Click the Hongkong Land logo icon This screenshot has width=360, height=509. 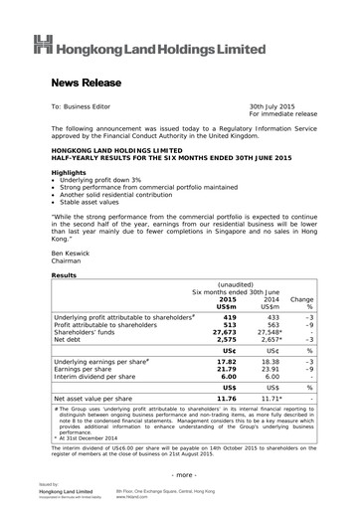[x=43, y=44]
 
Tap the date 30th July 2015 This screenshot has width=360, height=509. [x=277, y=105]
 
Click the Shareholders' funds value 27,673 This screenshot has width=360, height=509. [x=225, y=335]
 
